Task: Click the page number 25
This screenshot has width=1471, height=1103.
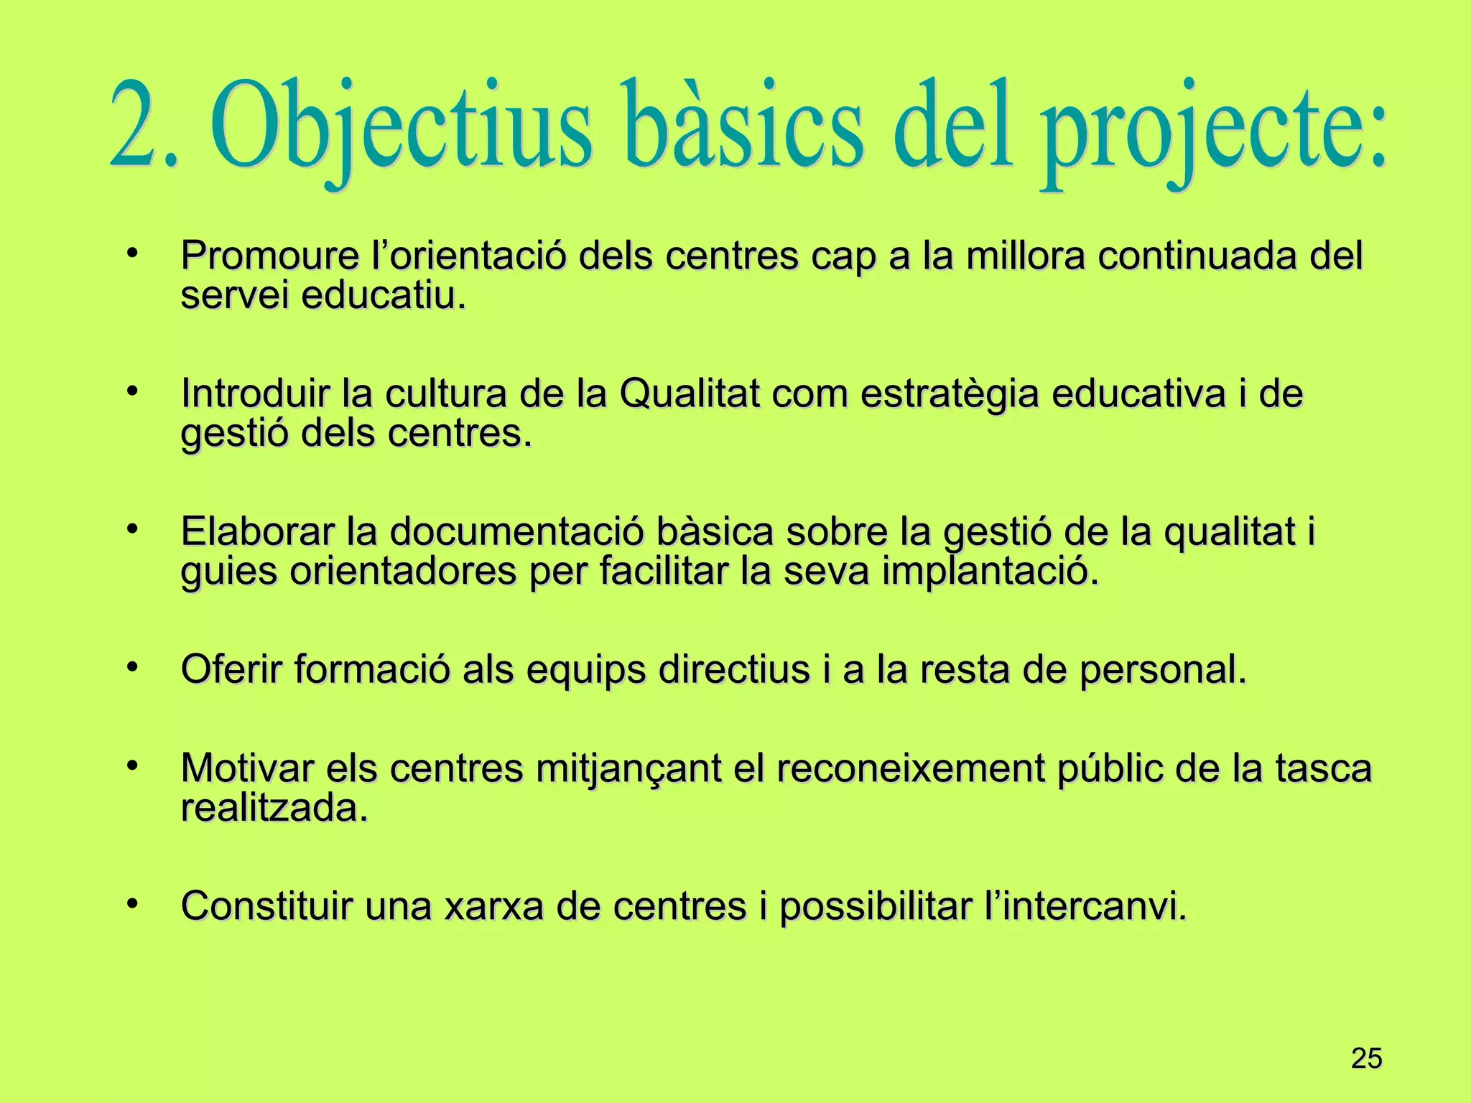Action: [1366, 1059]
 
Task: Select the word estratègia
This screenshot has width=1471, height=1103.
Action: [949, 395]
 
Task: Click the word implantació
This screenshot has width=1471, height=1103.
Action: [990, 572]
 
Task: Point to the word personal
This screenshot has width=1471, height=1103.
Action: [1163, 671]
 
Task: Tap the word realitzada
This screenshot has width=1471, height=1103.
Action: [274, 809]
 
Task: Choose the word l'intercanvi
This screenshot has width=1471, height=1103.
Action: [1085, 906]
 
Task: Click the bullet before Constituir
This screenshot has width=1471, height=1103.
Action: [131, 903]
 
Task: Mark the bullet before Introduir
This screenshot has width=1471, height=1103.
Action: [131, 391]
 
